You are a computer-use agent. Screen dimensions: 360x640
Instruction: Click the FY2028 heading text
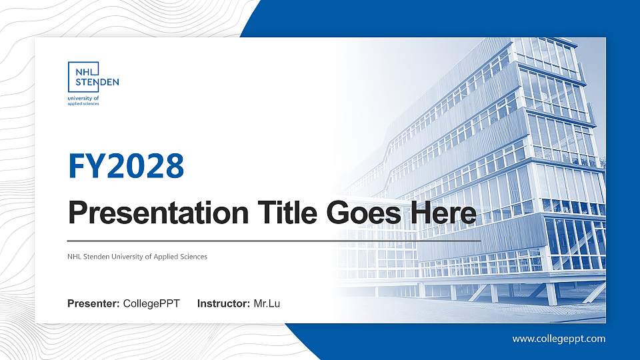coord(126,166)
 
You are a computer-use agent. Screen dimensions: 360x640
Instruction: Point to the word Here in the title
coord(443,213)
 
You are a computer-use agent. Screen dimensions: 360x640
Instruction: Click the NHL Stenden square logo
coord(84,77)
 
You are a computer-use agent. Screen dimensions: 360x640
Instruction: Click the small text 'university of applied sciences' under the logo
coord(83,101)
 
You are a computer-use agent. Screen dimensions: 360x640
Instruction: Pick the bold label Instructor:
coord(224,304)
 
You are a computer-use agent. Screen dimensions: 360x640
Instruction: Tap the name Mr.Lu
coord(267,304)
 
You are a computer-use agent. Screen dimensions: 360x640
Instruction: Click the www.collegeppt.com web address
coord(559,339)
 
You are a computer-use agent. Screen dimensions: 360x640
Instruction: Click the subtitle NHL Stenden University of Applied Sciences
coord(137,257)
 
